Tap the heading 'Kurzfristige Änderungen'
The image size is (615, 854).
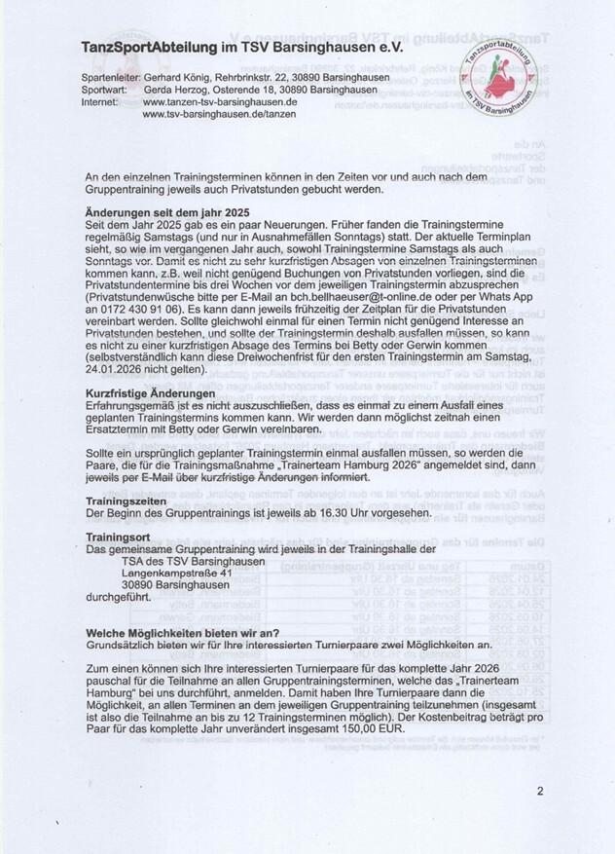tap(138, 390)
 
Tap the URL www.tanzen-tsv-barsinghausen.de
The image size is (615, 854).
tap(221, 100)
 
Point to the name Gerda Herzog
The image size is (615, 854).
tap(178, 88)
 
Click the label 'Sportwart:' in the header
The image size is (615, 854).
tap(110, 88)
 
